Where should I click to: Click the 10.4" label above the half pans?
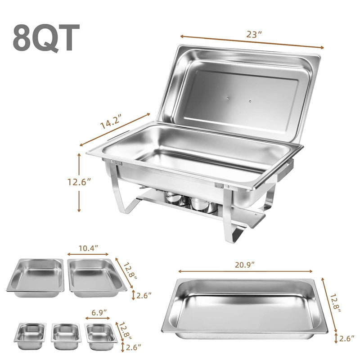(88, 248)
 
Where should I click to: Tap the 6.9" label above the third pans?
(97, 311)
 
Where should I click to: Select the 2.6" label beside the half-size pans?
(144, 295)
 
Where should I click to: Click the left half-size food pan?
(35, 277)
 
